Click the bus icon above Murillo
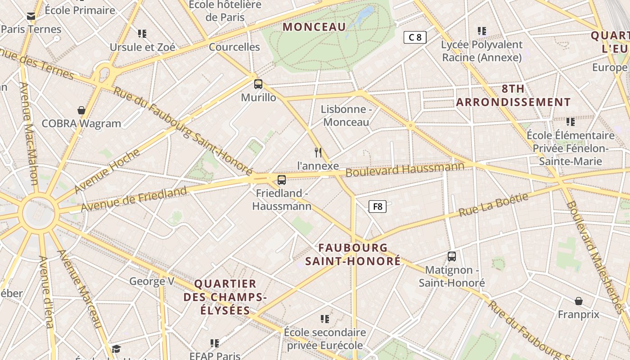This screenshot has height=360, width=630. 258,84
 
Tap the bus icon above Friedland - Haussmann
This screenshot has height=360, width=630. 282,180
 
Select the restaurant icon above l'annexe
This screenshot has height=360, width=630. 318,153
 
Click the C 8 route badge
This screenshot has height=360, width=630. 415,37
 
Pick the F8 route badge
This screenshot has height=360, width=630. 378,207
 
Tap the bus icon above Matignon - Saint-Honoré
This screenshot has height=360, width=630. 452,256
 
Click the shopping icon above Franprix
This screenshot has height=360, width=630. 579,301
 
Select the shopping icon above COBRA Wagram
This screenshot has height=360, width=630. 81,110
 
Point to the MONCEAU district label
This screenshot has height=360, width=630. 314,27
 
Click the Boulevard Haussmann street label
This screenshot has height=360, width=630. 405,170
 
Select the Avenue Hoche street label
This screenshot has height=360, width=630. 107,171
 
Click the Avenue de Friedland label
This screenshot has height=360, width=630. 134,199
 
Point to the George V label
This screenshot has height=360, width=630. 152,282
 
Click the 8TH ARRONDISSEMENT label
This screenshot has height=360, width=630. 513,95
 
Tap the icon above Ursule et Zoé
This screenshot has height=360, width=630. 142,33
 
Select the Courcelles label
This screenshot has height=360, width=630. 234,47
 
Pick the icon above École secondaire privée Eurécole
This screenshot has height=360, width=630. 325,319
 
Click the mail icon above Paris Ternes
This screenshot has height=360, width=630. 31,16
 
